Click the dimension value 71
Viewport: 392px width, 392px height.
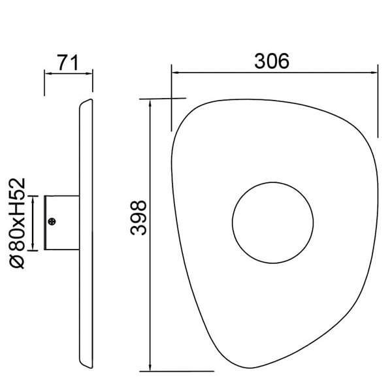(x=69, y=63)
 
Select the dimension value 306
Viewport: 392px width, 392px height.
(x=271, y=61)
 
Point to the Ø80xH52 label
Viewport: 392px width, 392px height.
(x=18, y=222)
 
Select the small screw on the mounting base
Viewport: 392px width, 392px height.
(x=54, y=222)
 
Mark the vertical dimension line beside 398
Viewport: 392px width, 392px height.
(x=151, y=235)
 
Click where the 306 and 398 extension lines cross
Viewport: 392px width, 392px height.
(x=171, y=100)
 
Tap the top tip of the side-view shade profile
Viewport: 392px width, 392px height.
(x=90, y=100)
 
